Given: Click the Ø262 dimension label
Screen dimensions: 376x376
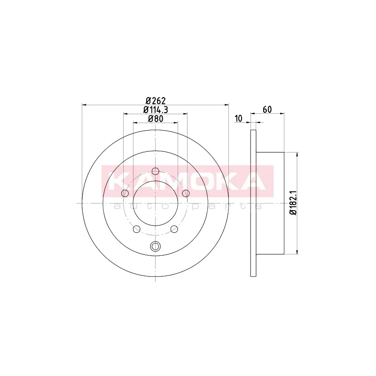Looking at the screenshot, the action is (x=156, y=101).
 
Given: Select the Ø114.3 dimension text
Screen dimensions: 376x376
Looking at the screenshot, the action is (x=156, y=110).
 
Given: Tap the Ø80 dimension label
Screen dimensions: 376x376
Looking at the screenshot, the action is (x=156, y=119).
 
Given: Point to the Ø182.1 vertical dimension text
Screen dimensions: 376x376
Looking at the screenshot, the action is (x=293, y=203).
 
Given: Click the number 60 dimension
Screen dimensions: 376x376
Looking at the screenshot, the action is (x=267, y=110).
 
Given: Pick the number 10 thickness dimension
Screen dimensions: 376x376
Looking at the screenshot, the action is (x=239, y=118).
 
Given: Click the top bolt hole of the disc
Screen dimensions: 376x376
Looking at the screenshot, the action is (x=156, y=171).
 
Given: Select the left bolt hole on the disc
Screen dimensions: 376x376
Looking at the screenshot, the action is (x=125, y=193).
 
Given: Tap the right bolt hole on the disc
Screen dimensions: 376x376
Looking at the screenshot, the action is (x=186, y=193).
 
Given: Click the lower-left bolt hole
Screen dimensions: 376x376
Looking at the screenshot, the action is (x=136, y=229).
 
